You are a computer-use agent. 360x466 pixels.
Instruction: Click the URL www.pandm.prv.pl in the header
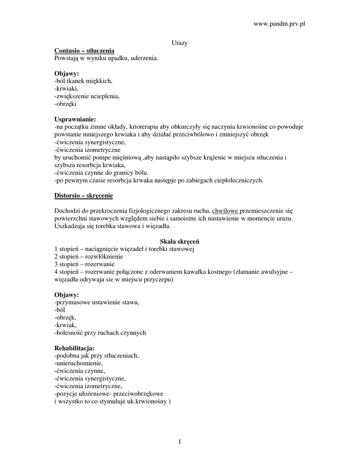point(279,24)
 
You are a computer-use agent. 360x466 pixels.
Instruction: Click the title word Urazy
point(180,43)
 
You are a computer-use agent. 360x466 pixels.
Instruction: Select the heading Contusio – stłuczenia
point(84,51)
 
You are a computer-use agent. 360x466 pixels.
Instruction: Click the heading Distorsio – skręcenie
point(84,196)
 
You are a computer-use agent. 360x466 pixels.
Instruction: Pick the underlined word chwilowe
point(225,211)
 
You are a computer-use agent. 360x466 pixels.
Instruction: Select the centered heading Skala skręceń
point(180,241)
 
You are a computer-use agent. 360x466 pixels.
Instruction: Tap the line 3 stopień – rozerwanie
point(85,264)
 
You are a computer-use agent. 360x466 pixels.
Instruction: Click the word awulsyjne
point(269,272)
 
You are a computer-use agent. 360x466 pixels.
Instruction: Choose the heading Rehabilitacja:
point(74,348)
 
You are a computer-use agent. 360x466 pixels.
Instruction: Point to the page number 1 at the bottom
point(180,441)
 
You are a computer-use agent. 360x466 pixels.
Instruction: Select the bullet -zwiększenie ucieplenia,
point(87,96)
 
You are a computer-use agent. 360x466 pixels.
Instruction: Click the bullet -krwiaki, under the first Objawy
point(66,88)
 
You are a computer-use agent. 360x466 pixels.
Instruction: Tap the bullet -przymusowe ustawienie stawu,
point(96,302)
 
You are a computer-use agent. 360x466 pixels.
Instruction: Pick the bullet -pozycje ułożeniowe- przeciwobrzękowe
point(109,394)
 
